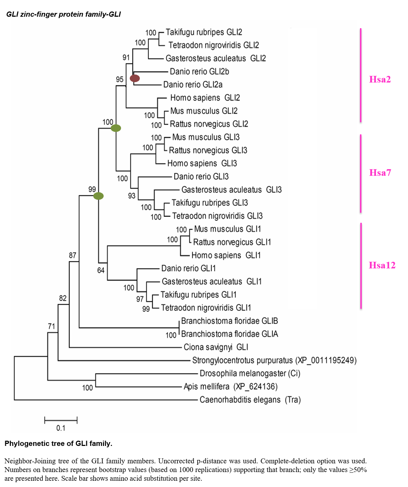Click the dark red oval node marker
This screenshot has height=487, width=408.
click(135, 78)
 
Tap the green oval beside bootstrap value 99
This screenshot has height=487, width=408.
click(98, 196)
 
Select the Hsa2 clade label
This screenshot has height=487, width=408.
click(380, 79)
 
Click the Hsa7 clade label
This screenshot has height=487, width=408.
click(380, 173)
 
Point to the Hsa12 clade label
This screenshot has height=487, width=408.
click(382, 265)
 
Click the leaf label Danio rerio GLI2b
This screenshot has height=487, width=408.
click(199, 72)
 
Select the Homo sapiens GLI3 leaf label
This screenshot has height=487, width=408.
click(202, 164)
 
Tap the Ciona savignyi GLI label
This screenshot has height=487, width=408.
click(216, 347)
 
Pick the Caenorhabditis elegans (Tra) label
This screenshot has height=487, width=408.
click(250, 400)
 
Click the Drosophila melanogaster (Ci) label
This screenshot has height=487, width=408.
click(250, 374)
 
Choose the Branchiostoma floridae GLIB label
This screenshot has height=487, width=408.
click(230, 321)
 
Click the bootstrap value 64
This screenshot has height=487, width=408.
click(101, 270)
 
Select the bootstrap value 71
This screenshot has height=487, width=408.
click(51, 326)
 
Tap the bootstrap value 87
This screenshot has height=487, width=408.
click(72, 256)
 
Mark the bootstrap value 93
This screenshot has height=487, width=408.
click(131, 196)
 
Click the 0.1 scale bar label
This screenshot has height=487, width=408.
click(61, 428)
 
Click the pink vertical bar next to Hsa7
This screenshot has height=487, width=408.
click(361, 173)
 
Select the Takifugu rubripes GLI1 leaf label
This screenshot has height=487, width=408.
click(199, 295)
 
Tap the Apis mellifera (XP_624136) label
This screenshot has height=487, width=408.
click(231, 387)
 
